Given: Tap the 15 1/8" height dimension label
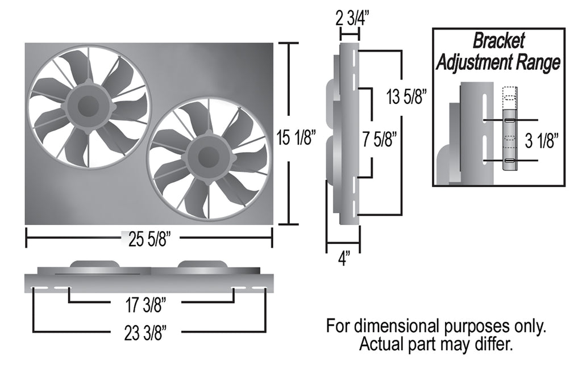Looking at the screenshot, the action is tap(296, 138).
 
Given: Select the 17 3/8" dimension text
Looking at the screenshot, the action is tap(145, 305).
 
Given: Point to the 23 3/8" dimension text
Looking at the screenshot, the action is tap(145, 333).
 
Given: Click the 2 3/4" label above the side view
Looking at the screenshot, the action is tap(350, 18).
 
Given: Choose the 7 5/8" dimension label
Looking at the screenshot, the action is tap(379, 140).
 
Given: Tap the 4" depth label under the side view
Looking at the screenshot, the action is tap(344, 258).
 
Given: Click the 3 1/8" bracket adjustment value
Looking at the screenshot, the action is tap(542, 141).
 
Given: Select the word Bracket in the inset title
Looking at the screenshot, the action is tap(498, 41).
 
